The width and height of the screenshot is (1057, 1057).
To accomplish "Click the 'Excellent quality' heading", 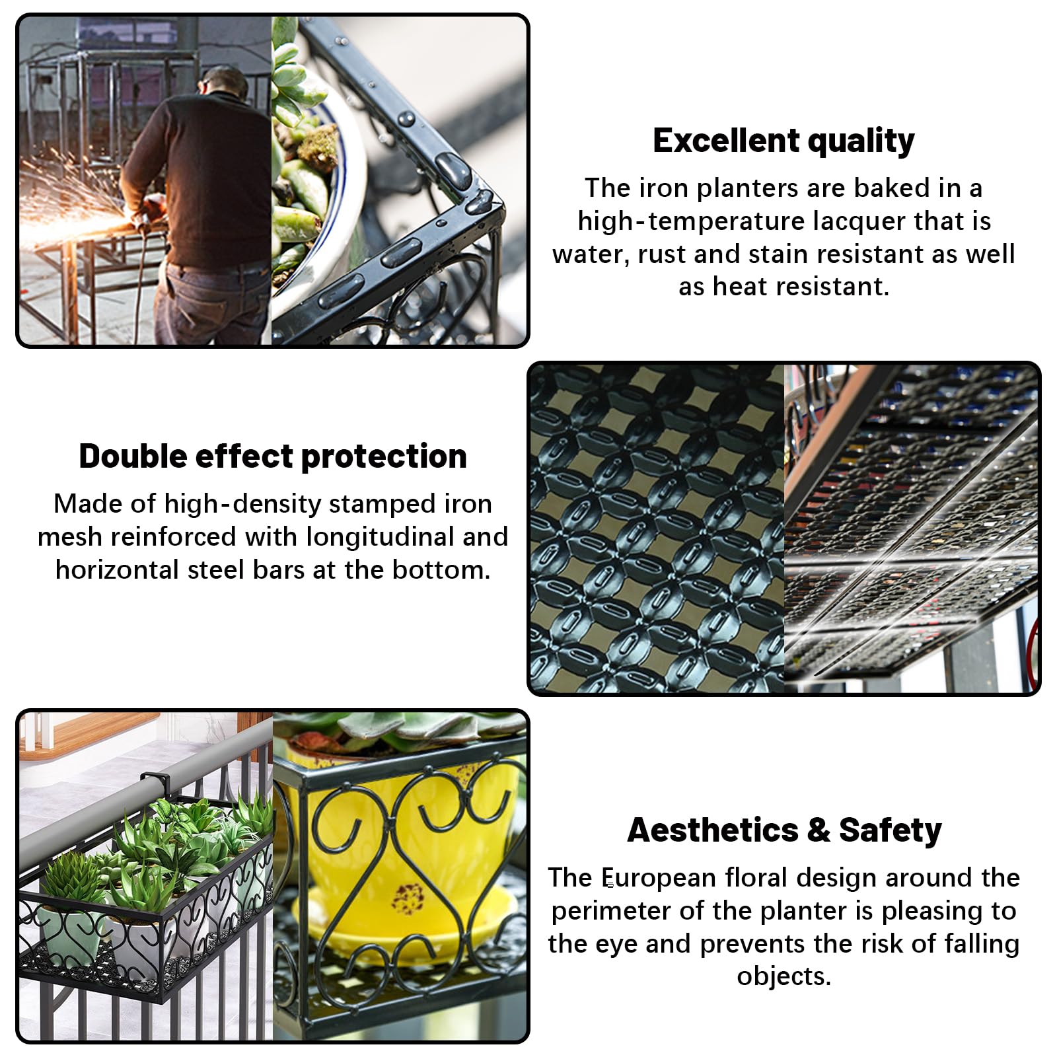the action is point(784,141).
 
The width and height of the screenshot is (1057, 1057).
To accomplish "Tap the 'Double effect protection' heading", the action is point(273,456).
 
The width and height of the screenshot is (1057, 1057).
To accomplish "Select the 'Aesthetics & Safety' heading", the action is point(784,830).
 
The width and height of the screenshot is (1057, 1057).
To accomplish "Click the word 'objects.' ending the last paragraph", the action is point(784,976).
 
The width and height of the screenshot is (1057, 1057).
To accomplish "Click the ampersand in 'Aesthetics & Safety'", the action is point(819,830).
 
